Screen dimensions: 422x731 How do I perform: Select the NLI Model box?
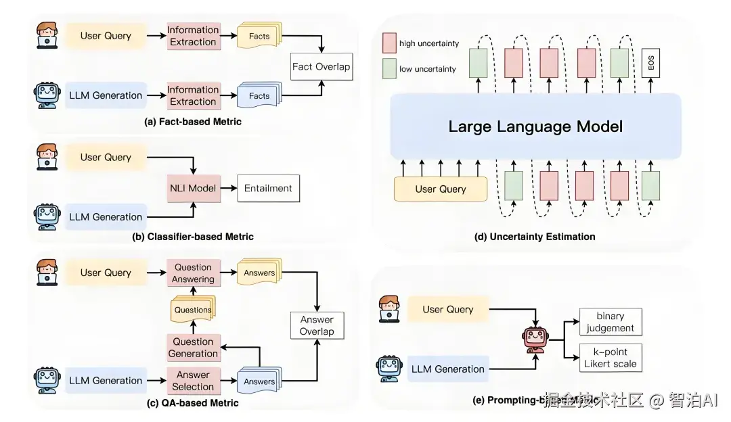(193, 188)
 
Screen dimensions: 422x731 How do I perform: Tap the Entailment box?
(268, 188)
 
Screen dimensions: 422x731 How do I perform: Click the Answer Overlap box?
(317, 325)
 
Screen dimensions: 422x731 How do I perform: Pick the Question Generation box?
(193, 348)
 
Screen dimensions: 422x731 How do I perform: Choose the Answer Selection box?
(193, 381)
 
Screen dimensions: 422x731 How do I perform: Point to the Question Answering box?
(193, 273)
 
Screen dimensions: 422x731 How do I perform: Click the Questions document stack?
(194, 309)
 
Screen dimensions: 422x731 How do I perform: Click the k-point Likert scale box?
(611, 358)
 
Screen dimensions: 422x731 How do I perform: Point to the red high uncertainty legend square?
(389, 43)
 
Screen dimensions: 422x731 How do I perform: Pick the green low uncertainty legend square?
(389, 68)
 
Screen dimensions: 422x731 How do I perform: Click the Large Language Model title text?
(535, 126)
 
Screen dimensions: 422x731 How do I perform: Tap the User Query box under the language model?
(441, 189)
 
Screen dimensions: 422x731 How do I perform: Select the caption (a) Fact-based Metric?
(193, 122)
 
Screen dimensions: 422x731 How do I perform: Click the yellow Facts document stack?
(259, 37)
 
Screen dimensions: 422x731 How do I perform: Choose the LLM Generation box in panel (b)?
(106, 217)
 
